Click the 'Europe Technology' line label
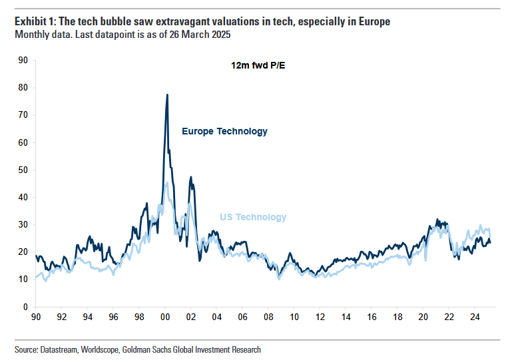pos(224,131)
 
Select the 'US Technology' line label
pos(253,217)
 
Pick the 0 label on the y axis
pos(25,307)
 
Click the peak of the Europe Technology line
pos(167,94)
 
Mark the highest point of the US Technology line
pos(166,182)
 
